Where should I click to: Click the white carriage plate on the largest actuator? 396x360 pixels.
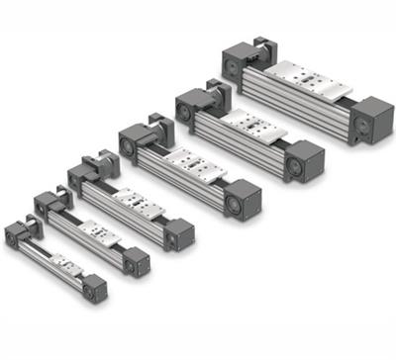coord(311,76)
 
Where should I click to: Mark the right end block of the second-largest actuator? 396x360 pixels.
coord(303,157)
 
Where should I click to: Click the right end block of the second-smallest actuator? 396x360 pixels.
coord(136,261)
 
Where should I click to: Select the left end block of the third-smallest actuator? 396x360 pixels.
coord(85,179)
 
